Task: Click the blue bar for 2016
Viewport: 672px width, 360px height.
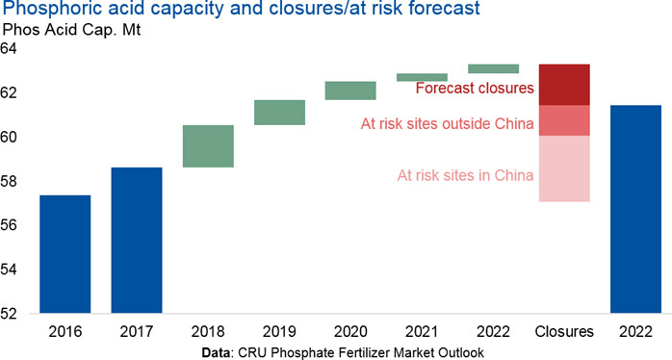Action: pos(65,254)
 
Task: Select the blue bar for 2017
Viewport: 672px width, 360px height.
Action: pos(137,240)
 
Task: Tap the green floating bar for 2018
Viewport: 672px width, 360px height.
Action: pos(208,146)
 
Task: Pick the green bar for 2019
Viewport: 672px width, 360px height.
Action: pos(279,113)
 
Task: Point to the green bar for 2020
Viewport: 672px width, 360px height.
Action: pos(351,90)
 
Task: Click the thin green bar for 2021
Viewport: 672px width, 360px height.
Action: pos(422,77)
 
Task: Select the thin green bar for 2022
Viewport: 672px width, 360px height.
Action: pos(494,68)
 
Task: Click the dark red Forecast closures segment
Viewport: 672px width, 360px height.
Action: pos(564,85)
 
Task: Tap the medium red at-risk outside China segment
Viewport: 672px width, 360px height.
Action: pos(564,120)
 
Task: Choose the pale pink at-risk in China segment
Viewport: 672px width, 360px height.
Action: pos(564,168)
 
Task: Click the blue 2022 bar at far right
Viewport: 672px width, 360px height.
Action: pos(636,209)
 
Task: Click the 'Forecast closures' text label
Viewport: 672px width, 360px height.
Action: pos(475,88)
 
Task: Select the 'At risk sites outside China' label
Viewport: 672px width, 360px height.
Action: pos(448,124)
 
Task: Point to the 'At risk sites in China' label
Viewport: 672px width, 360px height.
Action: pos(465,175)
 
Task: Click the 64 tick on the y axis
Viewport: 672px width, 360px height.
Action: pos(9,48)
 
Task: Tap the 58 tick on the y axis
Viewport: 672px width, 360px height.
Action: pos(9,181)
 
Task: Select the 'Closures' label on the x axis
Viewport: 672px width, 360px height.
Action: pos(564,332)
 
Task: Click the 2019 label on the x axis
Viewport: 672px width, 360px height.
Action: pos(279,332)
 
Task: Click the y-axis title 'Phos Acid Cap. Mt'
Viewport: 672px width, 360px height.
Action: pos(71,30)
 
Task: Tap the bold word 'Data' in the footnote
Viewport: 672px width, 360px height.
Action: pos(217,352)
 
